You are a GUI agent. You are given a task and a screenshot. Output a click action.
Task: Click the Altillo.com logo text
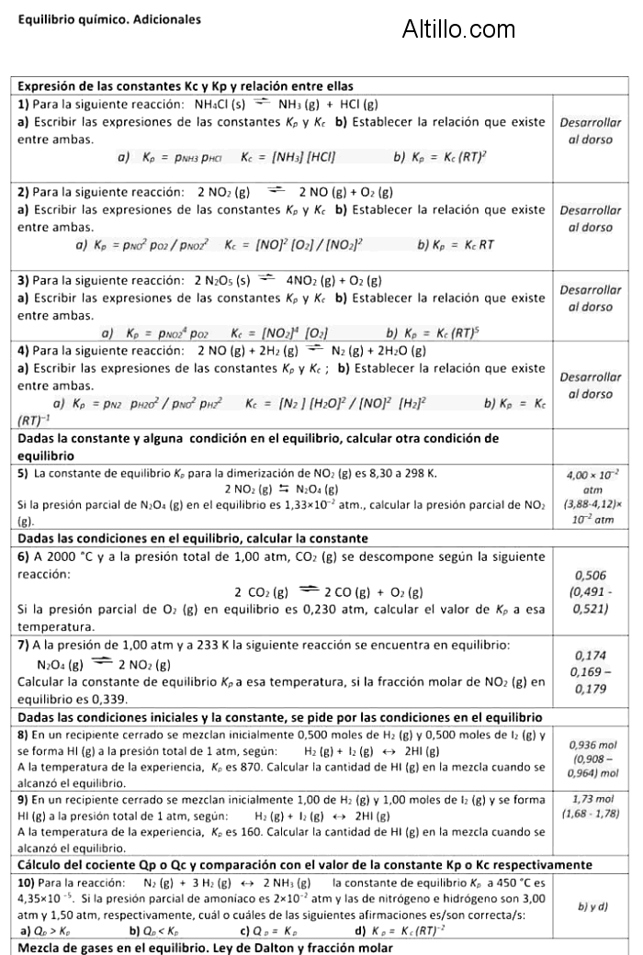tap(458, 30)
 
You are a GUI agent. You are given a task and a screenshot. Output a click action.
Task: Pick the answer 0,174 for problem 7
tap(590, 656)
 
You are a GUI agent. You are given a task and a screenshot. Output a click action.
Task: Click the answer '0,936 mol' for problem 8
tap(592, 745)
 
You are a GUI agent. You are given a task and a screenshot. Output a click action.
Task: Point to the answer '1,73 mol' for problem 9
tap(592, 799)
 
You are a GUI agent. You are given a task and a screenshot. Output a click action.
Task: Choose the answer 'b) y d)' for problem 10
tap(592, 906)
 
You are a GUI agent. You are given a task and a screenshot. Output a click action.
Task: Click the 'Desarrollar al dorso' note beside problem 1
tap(590, 131)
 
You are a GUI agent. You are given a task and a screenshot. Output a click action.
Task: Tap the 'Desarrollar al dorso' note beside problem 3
tap(590, 298)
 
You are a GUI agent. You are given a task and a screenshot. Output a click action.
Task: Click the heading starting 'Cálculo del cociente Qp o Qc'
tap(303, 864)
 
